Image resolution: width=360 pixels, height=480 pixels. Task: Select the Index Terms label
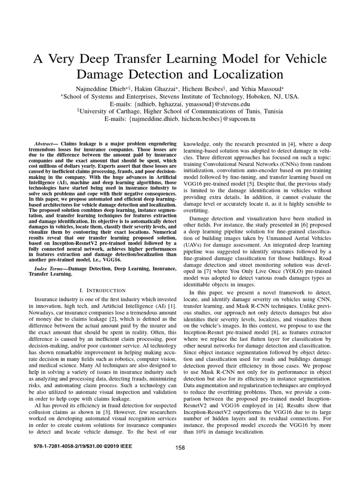52,269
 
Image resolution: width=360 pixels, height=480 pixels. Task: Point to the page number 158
180,448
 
